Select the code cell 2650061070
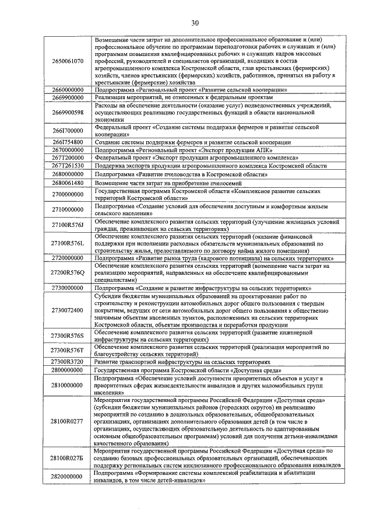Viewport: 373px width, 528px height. click(67, 61)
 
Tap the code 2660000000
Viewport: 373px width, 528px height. click(67, 90)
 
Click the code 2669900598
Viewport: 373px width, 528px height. click(67, 112)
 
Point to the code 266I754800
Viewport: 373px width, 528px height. click(67, 142)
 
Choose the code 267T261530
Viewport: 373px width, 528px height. click(67, 166)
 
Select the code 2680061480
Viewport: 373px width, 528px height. click(67, 183)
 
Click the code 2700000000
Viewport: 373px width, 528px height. click(67, 194)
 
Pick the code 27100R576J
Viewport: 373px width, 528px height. click(67, 226)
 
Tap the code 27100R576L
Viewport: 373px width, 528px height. click(67, 243)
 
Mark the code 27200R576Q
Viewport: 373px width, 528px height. click(67, 272)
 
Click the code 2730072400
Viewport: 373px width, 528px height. click(67, 310)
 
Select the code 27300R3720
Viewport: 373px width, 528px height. click(67, 362)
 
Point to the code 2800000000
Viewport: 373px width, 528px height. click(67, 370)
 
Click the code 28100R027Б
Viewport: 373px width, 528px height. click(67, 459)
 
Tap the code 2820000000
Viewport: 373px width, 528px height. click(67, 477)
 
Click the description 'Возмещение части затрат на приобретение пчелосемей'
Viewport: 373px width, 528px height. click(178, 183)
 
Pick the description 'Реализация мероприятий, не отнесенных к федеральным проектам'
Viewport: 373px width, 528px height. click(192, 97)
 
